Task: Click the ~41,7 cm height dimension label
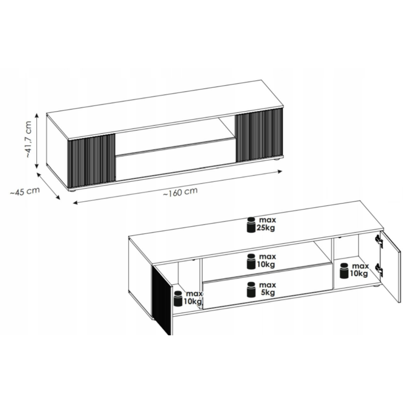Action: tap(29, 139)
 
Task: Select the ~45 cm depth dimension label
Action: tap(25, 191)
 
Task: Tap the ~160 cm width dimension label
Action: tap(180, 192)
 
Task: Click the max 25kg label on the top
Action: tap(266, 224)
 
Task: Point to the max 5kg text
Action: tap(267, 289)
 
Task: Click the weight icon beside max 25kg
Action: tap(251, 225)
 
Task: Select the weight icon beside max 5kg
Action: tap(251, 289)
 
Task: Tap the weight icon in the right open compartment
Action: tap(344, 271)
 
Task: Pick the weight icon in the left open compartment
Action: tap(178, 298)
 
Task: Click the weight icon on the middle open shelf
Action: tap(251, 261)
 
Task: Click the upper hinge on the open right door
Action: tap(379, 241)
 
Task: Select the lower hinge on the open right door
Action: tap(379, 270)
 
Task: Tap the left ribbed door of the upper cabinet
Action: tap(91, 160)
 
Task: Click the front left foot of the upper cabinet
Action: tap(73, 190)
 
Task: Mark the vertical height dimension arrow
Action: tap(37, 141)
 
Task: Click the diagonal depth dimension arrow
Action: tap(48, 185)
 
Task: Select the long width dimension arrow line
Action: tap(178, 187)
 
